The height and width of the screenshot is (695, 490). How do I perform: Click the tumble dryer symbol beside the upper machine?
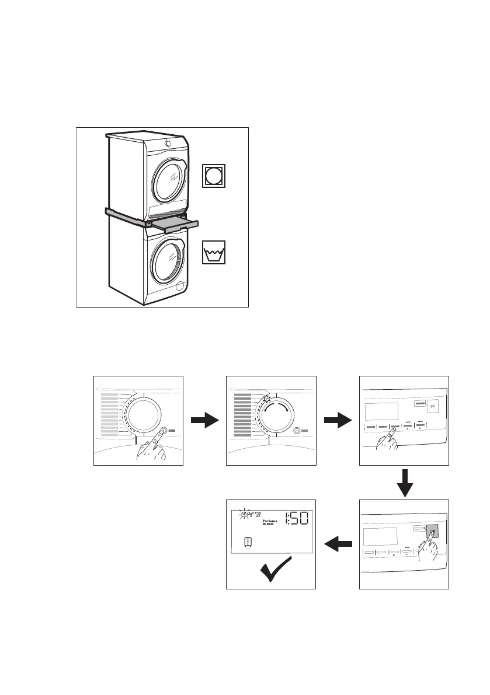point(214,176)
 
